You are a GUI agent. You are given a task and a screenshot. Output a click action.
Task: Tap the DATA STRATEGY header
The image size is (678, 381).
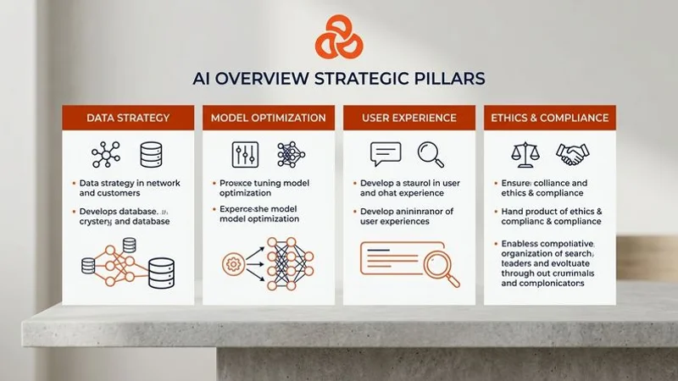[128, 118]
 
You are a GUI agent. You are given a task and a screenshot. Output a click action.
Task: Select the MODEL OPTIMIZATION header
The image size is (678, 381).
[268, 118]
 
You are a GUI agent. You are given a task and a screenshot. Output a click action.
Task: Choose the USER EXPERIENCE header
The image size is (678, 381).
[408, 118]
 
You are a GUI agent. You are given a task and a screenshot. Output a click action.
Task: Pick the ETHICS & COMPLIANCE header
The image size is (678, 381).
[549, 118]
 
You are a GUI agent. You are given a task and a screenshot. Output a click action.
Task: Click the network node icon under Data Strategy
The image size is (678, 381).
[105, 155]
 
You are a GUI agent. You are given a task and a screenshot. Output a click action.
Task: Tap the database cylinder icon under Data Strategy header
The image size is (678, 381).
[151, 155]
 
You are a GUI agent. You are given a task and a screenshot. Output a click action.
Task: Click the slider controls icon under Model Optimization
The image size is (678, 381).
[245, 155]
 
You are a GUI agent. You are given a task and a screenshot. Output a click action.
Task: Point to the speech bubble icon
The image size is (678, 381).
[386, 154]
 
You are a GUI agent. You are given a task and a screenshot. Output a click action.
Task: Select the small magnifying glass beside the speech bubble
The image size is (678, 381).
[431, 154]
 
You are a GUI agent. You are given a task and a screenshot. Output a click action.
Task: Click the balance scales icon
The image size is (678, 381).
[525, 154]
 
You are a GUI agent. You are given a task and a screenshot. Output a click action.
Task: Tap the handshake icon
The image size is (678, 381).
[572, 154]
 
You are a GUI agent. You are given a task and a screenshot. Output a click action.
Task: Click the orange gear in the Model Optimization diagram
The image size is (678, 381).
[233, 263]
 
